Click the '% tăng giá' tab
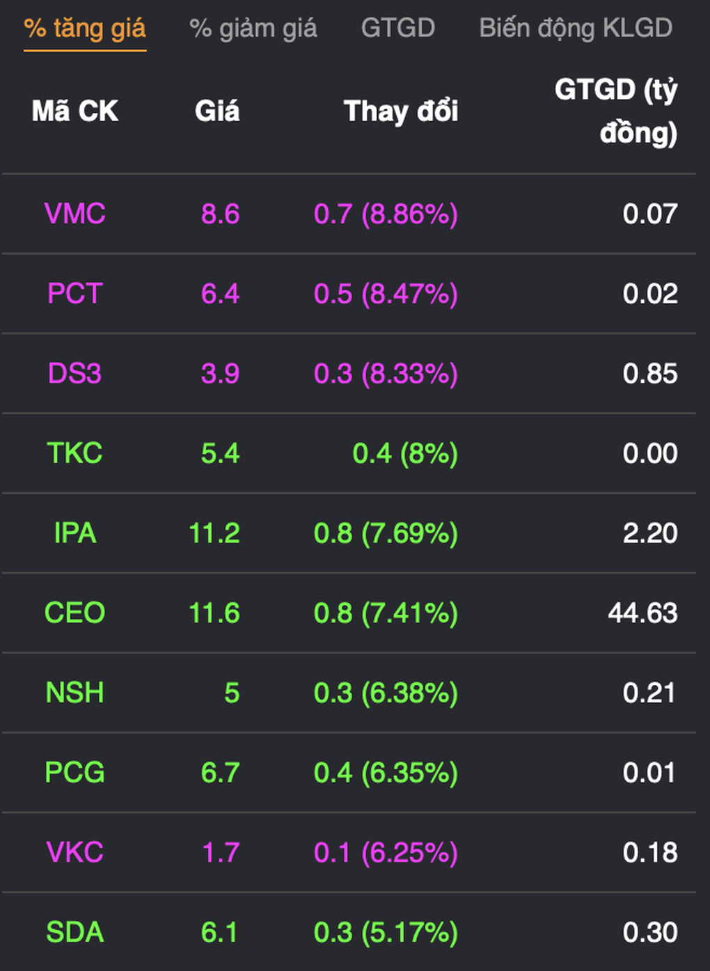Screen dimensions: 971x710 click(x=85, y=29)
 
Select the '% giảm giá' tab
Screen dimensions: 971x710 click(x=253, y=29)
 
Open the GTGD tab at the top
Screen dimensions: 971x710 click(x=397, y=29)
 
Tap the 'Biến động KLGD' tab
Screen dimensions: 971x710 click(x=576, y=29)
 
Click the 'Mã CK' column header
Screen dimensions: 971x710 click(x=75, y=111)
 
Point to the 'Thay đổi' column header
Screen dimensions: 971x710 click(x=401, y=111)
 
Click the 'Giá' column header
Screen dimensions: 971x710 click(x=217, y=111)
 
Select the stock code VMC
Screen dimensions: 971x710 click(x=75, y=214)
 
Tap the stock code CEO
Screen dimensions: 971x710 click(x=75, y=613)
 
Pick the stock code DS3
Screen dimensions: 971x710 click(x=75, y=374)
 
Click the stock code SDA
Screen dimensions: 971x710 click(x=75, y=933)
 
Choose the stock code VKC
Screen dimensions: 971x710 click(x=75, y=853)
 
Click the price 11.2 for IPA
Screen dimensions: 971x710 click(x=214, y=533)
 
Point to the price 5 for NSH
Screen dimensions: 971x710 click(x=232, y=693)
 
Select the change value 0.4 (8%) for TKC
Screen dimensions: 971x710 click(x=405, y=454)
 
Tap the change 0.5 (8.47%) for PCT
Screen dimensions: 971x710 click(x=386, y=294)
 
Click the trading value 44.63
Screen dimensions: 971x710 click(x=642, y=613)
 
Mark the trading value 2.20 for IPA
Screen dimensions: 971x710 click(x=650, y=533)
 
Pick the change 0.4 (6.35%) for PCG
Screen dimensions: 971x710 click(x=386, y=773)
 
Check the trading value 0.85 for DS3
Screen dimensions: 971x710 click(x=650, y=374)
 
